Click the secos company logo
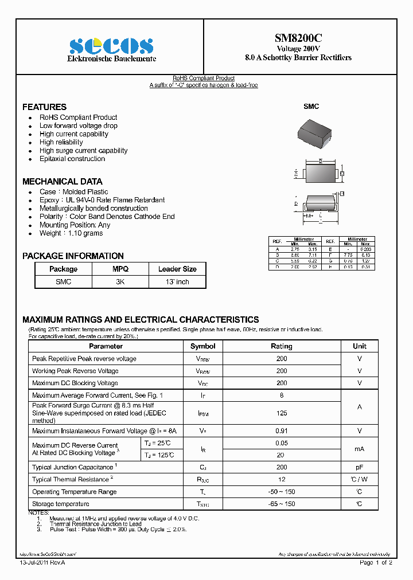click(111, 46)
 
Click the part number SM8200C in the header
click(298, 38)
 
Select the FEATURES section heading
click(44, 107)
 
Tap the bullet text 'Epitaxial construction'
click(72, 159)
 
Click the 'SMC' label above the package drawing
click(311, 107)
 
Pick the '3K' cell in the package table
click(120, 281)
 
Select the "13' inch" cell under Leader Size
click(177, 281)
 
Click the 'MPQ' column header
click(120, 269)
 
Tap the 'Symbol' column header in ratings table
click(202, 346)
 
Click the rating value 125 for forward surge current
click(281, 413)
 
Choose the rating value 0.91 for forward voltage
click(281, 431)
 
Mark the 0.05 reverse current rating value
click(281, 443)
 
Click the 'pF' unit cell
click(359, 468)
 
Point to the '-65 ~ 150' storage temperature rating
click(281, 504)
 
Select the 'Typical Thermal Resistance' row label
click(72, 480)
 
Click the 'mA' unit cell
click(359, 449)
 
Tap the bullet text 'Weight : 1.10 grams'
click(71, 233)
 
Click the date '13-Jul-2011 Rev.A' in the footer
click(42, 563)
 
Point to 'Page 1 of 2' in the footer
click(376, 563)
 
